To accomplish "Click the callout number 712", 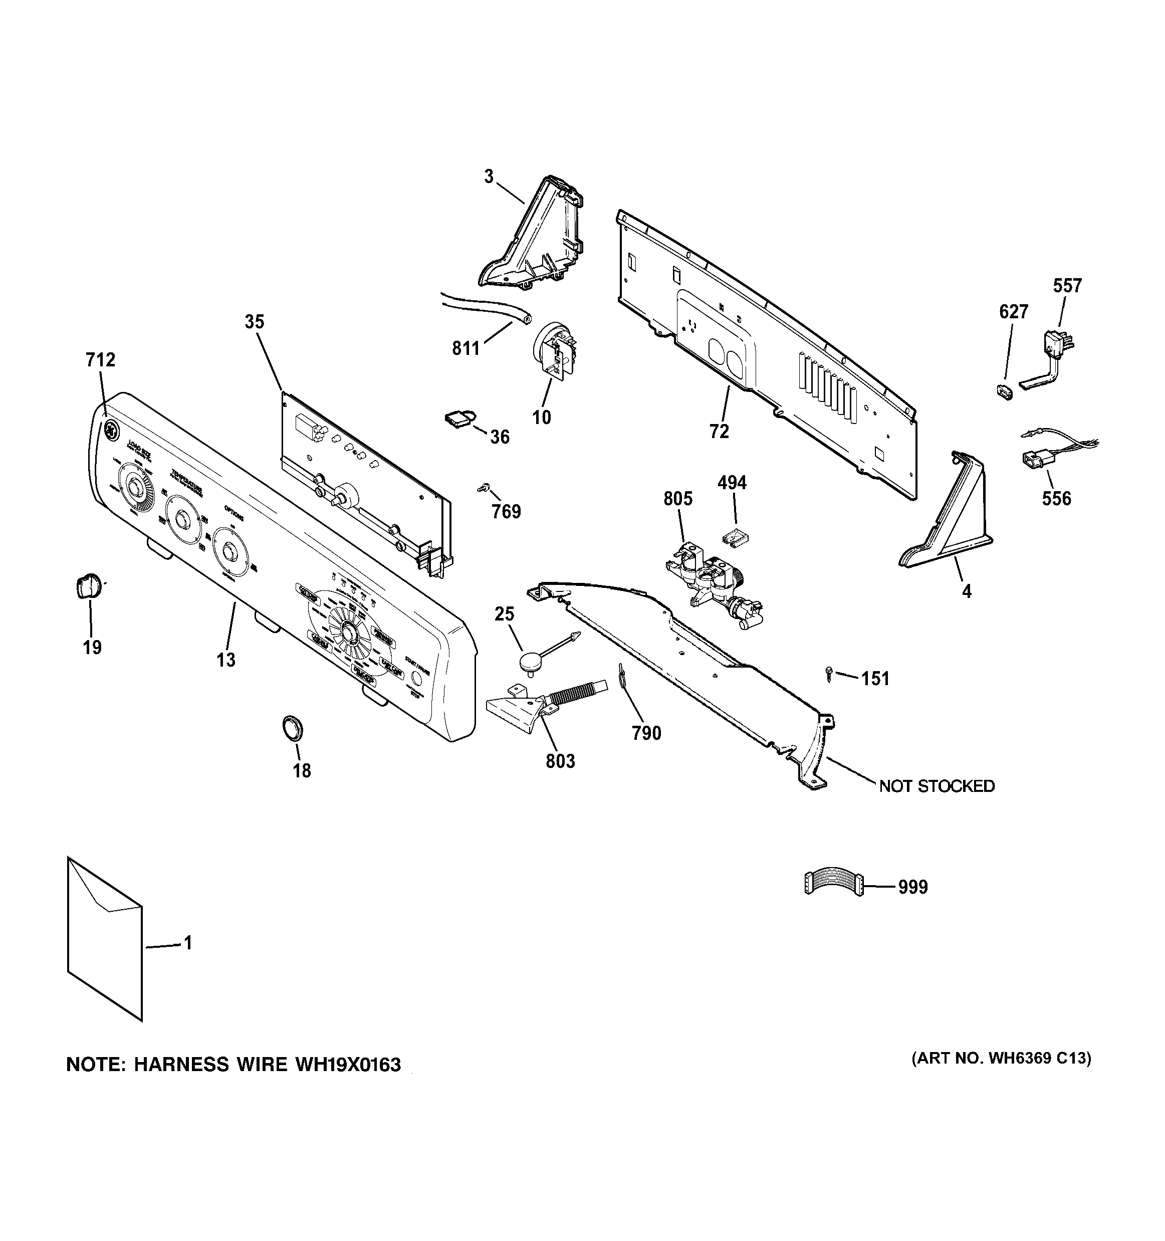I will (100, 360).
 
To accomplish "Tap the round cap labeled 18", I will (292, 728).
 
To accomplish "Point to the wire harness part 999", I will (833, 885).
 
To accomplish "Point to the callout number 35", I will (254, 322).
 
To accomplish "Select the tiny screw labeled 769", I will (483, 488).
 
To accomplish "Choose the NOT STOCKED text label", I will (937, 786).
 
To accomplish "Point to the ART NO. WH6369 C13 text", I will (1002, 1059).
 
